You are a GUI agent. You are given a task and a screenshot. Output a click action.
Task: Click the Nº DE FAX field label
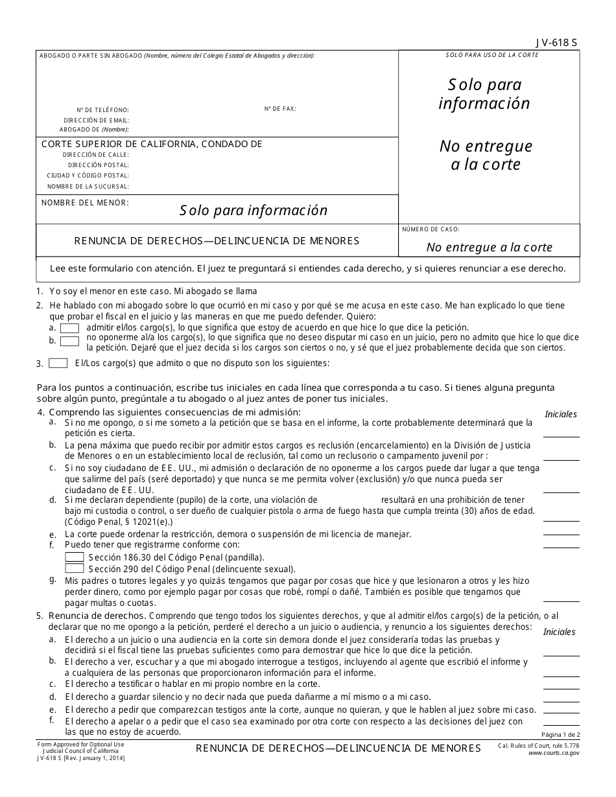280,109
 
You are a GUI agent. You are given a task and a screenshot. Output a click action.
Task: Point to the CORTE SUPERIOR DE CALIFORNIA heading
152,144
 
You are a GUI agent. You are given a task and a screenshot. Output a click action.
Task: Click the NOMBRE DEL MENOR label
85,203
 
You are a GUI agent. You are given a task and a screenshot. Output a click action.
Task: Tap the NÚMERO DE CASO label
431,229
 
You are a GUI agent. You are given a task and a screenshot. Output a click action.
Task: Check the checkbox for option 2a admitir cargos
69,328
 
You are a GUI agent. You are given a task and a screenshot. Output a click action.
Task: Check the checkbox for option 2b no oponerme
69,341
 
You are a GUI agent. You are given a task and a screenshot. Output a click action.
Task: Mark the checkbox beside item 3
58,363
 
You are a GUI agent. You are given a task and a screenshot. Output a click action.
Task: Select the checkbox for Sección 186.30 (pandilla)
75,557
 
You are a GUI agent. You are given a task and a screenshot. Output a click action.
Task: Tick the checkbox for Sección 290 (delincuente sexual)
75,568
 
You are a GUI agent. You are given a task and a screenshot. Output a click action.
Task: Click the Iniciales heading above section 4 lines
561,414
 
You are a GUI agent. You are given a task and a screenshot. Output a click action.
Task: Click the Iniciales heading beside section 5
559,632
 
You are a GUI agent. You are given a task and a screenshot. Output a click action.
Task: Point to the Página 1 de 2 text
560,734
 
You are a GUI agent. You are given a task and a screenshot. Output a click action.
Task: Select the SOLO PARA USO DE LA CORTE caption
492,55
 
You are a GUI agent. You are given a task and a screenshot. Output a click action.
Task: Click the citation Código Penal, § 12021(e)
118,522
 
